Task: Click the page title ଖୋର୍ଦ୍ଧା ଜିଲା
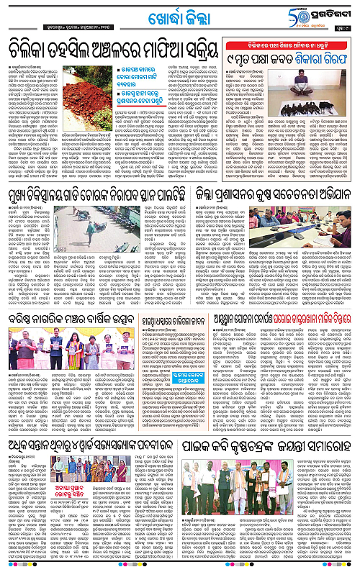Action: pos(179,15)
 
